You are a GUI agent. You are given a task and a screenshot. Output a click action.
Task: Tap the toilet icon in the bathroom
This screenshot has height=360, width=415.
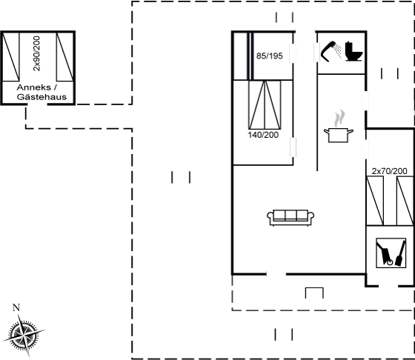pos(354,52)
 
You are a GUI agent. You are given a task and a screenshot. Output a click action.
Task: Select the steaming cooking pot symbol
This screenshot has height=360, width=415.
pos(339,127)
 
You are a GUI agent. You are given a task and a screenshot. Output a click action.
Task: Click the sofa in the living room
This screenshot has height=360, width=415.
pos(290,218)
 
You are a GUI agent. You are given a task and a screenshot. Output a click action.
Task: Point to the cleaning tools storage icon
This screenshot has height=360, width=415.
pos(391,253)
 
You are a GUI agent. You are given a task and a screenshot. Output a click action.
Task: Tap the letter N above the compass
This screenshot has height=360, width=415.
pos(16,307)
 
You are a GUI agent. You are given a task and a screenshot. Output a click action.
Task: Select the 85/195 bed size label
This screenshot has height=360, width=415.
pos(270,56)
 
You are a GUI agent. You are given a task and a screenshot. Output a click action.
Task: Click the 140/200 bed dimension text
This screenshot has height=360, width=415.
pos(263,135)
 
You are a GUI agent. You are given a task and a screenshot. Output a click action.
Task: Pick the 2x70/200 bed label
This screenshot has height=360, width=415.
pos(389,171)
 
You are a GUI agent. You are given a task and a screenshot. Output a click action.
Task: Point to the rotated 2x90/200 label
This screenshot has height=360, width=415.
pos(37,53)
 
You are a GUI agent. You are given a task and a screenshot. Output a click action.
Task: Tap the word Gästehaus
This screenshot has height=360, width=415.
pos(41,97)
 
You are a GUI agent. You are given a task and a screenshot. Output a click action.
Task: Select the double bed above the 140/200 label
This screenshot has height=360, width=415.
pos(265,104)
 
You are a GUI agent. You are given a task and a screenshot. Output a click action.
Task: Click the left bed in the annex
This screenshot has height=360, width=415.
pos(10,57)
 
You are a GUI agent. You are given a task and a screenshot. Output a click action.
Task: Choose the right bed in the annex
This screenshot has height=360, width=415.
pos(65,57)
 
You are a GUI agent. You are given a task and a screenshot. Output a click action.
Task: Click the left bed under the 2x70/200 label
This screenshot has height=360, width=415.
pos(375,201)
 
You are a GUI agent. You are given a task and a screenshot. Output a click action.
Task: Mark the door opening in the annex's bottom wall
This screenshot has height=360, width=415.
pos(37,104)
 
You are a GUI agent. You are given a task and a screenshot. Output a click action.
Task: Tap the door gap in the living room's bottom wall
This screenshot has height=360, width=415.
pos(276,274)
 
